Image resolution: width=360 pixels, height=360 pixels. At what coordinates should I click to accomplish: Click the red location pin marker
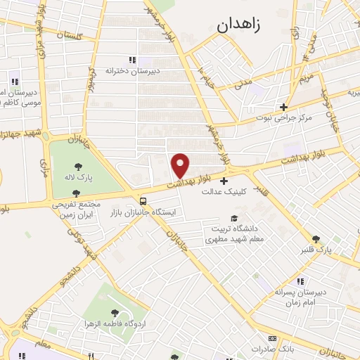pos(181,165)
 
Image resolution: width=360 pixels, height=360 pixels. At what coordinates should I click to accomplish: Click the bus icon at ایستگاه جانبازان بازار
pos(143,199)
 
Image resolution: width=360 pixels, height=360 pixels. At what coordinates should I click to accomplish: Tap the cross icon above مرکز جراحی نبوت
pos(283,107)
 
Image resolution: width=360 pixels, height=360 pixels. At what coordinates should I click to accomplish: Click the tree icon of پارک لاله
pos(77,167)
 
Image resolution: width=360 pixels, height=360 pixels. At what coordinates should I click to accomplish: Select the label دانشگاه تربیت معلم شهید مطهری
pos(231,234)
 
